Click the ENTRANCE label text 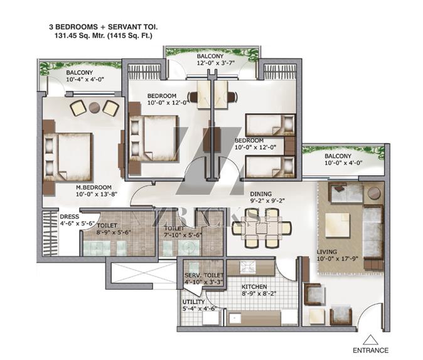pos(371,351)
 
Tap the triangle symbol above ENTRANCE pos(371,340)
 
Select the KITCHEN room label pos(254,286)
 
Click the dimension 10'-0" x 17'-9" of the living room pos(338,259)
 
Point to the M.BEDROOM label pos(94,187)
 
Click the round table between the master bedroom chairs pos(94,107)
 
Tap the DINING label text pos(261,194)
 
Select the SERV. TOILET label pos(204,275)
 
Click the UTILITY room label pos(193,302)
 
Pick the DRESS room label pos(70,217)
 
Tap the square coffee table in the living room pos(338,226)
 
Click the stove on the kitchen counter pos(247,267)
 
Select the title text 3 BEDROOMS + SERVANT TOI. pos(104,27)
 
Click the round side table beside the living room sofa pos(374,193)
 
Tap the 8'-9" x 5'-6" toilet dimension pos(114,232)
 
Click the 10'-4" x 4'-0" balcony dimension pos(85,79)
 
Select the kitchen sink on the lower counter pos(234,319)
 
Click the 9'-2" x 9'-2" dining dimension pos(267,201)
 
